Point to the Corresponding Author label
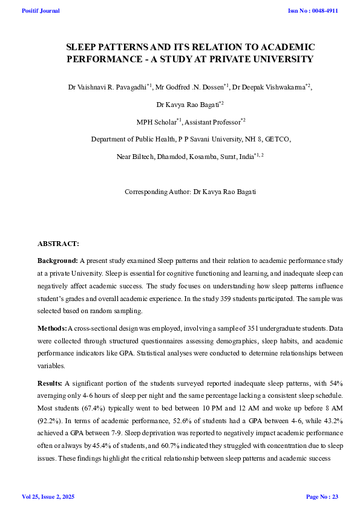coord(157,192)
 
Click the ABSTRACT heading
coord(58,243)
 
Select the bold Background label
coord(57,260)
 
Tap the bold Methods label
coord(52,328)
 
